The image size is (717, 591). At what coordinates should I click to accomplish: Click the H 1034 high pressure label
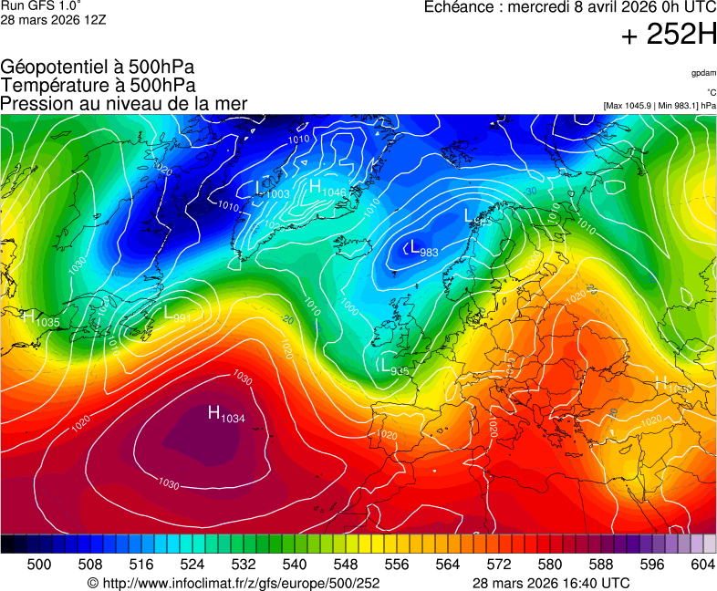227,415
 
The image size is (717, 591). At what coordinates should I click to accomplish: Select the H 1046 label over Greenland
327,188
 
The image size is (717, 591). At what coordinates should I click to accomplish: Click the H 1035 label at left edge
41,318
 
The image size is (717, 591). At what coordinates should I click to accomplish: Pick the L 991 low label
177,314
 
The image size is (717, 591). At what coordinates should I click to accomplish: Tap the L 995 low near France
394,366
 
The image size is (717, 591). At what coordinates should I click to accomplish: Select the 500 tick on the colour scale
39,565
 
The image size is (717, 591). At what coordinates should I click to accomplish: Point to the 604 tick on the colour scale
702,565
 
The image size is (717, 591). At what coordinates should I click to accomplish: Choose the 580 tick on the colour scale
550,565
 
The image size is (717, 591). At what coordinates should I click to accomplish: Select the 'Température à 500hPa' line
98,85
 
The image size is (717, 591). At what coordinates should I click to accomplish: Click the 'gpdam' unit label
702,73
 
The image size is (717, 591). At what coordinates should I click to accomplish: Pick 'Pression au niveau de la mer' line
123,103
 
